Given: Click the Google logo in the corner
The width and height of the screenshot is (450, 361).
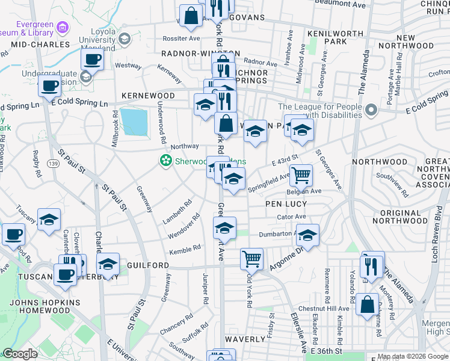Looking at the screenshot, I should pyautogui.click(x=19, y=354).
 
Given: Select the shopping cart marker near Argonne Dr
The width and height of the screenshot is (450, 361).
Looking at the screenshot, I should pyautogui.click(x=251, y=259).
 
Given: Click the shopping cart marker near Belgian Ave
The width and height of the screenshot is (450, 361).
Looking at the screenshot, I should pyautogui.click(x=301, y=175).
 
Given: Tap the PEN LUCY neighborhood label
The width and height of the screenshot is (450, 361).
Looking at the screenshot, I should pyautogui.click(x=287, y=204).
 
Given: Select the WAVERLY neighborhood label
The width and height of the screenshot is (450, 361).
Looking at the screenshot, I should pyautogui.click(x=245, y=339).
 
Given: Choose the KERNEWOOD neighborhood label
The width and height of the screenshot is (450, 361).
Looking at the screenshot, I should pyautogui.click(x=148, y=96).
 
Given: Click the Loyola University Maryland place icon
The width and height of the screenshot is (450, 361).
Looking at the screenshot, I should pyautogui.click(x=125, y=40).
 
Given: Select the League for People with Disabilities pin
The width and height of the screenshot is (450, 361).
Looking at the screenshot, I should pyautogui.click(x=371, y=111).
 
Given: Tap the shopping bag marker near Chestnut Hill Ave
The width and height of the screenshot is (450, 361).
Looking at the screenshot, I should pyautogui.click(x=366, y=304).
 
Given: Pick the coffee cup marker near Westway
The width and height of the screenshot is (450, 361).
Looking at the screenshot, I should pyautogui.click(x=92, y=59).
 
